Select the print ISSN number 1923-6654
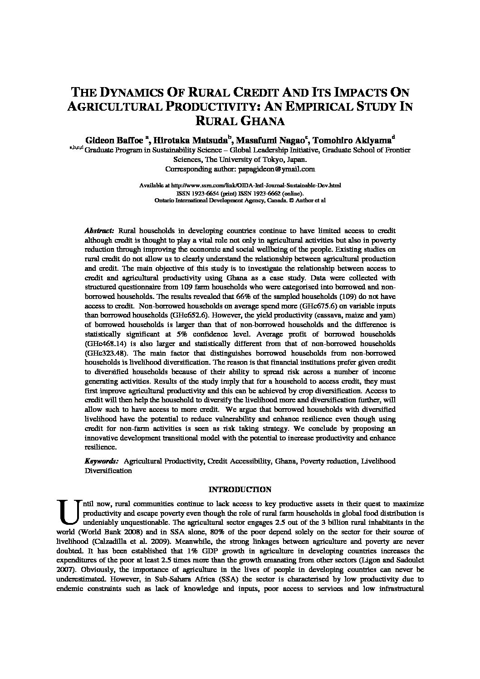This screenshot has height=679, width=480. pos(208,193)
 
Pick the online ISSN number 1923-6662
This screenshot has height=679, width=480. pos(270,193)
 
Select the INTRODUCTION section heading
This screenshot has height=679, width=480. pos(240,489)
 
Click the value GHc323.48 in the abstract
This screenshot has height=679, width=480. pos(104,353)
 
